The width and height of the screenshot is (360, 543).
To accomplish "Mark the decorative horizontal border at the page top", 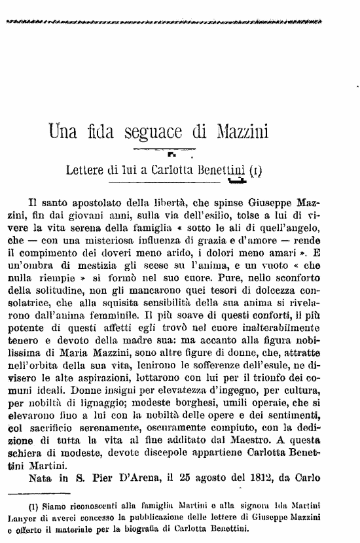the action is pyautogui.click(x=163, y=22).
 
